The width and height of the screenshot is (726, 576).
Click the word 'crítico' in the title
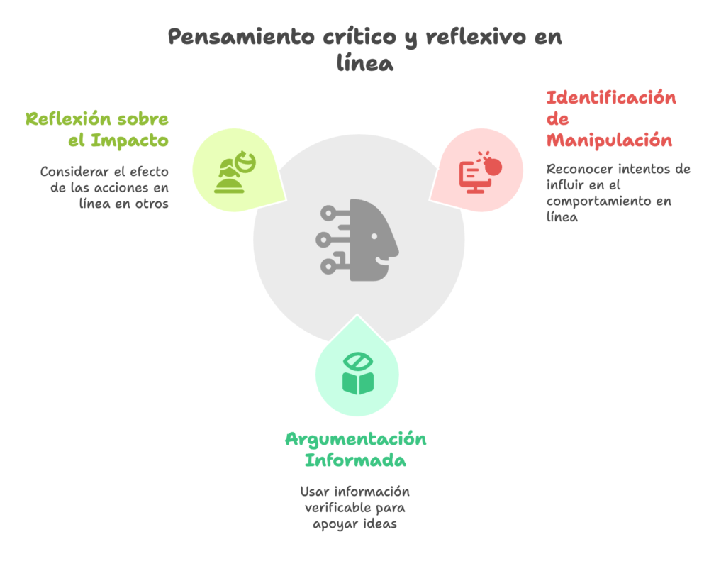pyautogui.click(x=358, y=37)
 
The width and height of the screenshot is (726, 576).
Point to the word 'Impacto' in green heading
pyautogui.click(x=129, y=140)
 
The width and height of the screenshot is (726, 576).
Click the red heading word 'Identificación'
pyautogui.click(x=610, y=97)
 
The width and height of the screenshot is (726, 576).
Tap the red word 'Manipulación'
pyautogui.click(x=609, y=140)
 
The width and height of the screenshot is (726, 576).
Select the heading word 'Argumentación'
pyautogui.click(x=356, y=438)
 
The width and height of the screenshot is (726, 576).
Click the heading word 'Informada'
pyautogui.click(x=356, y=460)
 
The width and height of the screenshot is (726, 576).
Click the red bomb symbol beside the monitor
pyautogui.click(x=493, y=165)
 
